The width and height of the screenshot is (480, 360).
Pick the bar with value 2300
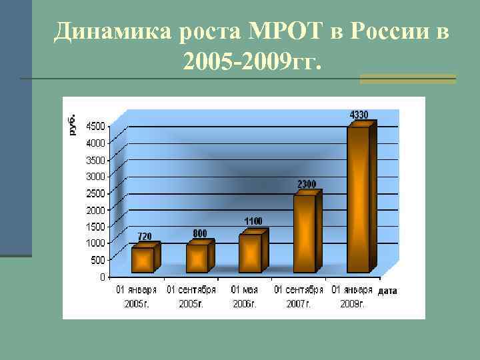pos(304,233)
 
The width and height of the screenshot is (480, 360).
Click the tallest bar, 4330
pos(358,199)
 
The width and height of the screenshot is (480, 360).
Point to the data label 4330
pos(359,115)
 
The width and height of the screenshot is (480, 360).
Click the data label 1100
pos(252,221)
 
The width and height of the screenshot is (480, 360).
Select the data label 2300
pos(307,183)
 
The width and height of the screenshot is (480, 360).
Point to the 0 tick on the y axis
pos(102,276)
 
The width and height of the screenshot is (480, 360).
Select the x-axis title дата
pos(387,291)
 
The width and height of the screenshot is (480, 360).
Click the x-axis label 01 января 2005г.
pos(137,297)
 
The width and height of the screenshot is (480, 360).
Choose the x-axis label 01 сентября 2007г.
pos(298,297)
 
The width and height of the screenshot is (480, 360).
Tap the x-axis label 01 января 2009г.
pos(352,297)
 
